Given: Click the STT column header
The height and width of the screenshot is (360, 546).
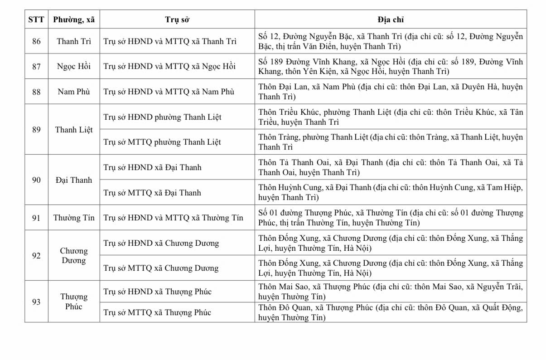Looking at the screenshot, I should [x=36, y=19].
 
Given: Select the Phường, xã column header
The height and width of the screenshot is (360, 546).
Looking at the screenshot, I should [x=74, y=19].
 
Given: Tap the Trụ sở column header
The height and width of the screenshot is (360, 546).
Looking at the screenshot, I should [x=177, y=19].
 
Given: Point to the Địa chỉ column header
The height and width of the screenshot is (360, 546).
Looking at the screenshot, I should [x=390, y=19].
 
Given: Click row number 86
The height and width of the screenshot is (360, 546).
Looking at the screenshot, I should [x=36, y=41].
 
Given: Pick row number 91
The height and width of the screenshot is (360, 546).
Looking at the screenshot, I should [x=36, y=218].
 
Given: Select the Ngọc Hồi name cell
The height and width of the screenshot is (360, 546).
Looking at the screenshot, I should [x=74, y=66].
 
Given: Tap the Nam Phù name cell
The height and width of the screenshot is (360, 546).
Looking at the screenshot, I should [x=74, y=92].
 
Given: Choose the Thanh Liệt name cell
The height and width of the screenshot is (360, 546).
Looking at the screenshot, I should [x=74, y=130].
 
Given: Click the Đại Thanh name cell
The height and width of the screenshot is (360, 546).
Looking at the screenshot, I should [x=74, y=180].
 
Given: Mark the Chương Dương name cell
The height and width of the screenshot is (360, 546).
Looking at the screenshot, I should [x=74, y=256].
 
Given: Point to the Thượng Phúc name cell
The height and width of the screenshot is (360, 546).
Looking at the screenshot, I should [x=74, y=302].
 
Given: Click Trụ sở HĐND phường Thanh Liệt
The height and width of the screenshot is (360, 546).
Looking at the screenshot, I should [x=162, y=117].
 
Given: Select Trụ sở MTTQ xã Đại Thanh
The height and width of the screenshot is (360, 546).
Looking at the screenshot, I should [x=152, y=193].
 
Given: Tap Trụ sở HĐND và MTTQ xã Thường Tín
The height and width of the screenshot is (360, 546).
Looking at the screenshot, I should [x=173, y=218].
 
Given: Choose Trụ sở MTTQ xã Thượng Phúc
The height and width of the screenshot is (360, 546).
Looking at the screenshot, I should [x=157, y=312].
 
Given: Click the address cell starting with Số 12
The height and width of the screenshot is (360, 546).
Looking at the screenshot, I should [x=390, y=41].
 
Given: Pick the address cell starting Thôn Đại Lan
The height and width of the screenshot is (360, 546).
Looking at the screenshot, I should [x=390, y=92].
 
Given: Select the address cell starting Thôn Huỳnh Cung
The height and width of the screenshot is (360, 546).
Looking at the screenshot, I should [x=390, y=193].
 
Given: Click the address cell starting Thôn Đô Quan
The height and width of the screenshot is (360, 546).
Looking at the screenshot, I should [x=390, y=312].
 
